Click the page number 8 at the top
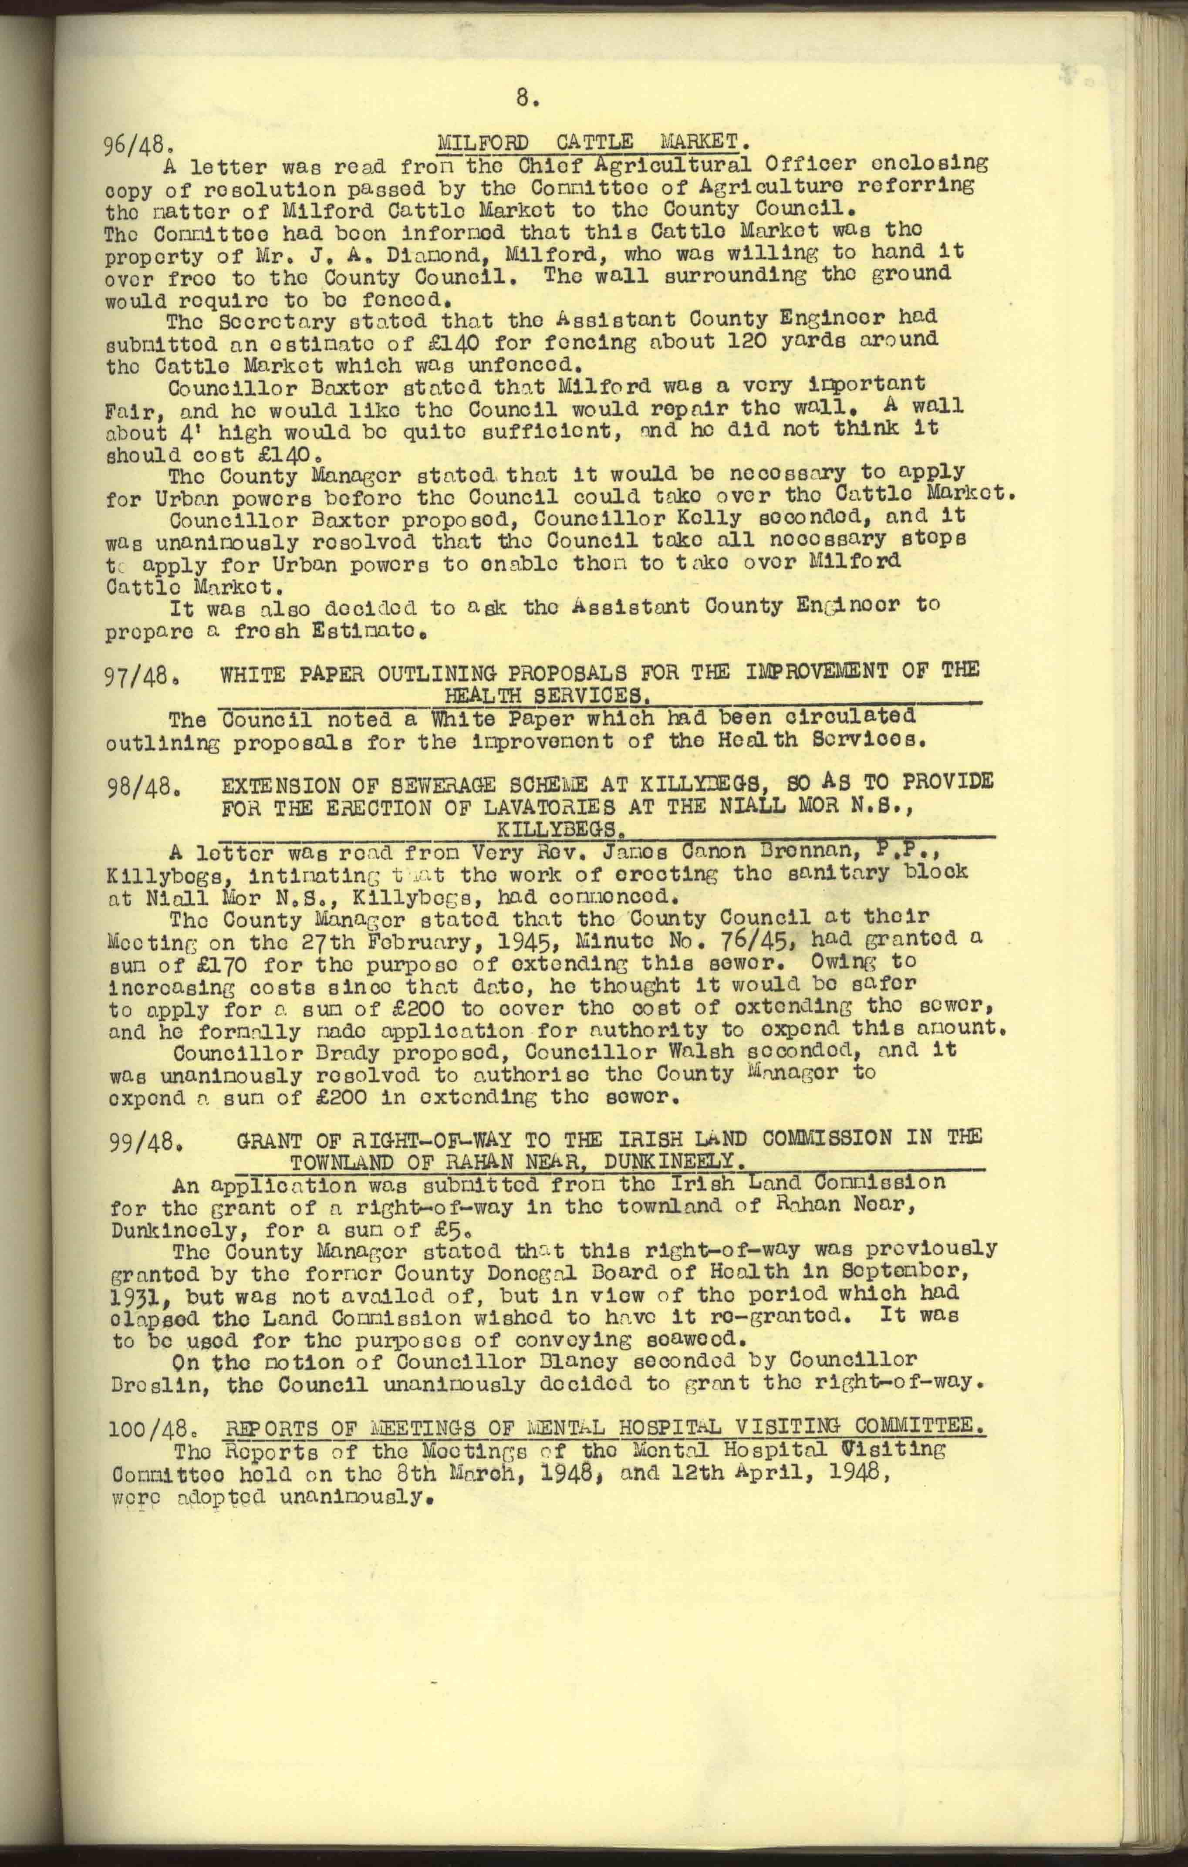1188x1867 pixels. [525, 98]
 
